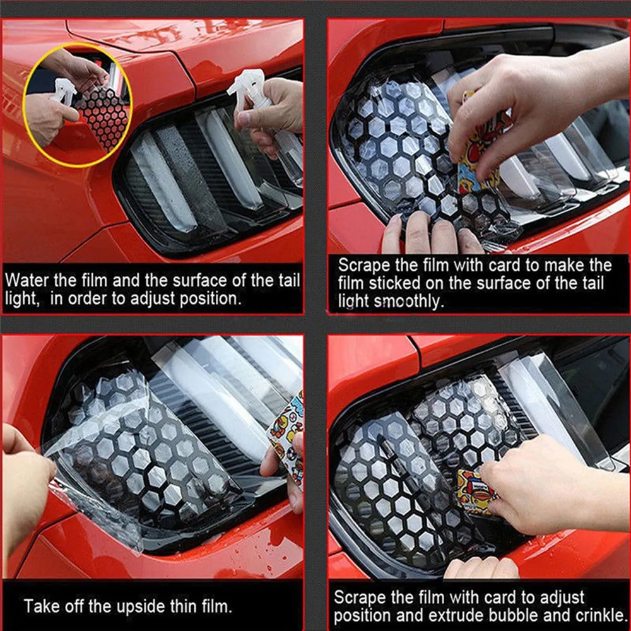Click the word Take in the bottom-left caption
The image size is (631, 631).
pos(43,607)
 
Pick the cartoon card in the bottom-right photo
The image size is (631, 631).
pos(473,489)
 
